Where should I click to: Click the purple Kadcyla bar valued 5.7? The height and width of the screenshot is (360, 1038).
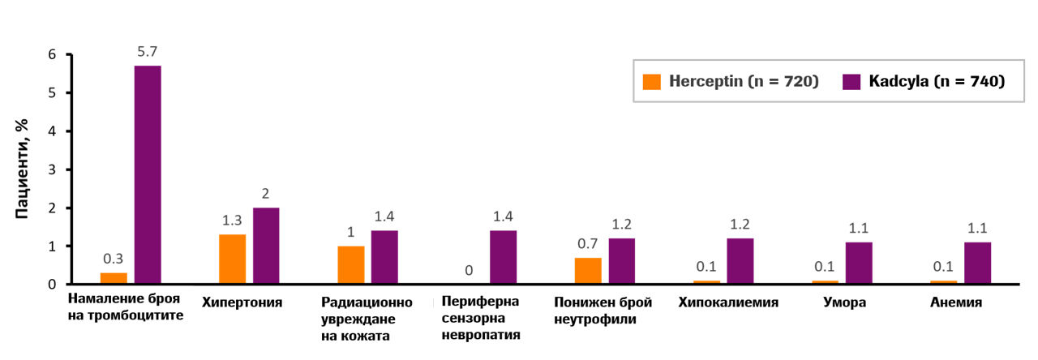(148, 174)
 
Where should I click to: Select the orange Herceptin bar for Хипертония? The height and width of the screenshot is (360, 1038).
(232, 259)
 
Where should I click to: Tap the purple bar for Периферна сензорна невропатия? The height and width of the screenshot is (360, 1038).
(504, 257)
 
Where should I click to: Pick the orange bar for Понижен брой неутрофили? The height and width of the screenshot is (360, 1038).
(588, 271)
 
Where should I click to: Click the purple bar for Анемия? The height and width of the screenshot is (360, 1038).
(978, 263)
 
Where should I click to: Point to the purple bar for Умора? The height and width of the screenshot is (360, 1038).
(859, 263)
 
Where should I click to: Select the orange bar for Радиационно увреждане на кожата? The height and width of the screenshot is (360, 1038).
(351, 264)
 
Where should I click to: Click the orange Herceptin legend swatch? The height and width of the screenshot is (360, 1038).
(651, 82)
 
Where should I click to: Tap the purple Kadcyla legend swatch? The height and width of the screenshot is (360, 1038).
(851, 82)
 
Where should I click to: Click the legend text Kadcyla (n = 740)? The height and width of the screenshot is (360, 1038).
(937, 81)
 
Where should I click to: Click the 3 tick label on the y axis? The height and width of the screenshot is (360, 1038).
(52, 169)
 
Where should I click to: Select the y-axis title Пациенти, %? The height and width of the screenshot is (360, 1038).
(21, 169)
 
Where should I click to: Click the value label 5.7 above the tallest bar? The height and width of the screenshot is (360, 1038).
(148, 51)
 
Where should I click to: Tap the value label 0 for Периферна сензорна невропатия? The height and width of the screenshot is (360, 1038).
(469, 270)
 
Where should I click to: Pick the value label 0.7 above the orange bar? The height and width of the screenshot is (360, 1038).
(588, 243)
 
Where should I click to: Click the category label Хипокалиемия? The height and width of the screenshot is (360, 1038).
(728, 302)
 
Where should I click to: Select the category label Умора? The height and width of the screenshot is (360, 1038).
(844, 302)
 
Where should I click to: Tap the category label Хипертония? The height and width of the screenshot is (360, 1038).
(242, 302)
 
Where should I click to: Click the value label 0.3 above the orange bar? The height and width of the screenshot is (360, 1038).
(113, 259)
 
